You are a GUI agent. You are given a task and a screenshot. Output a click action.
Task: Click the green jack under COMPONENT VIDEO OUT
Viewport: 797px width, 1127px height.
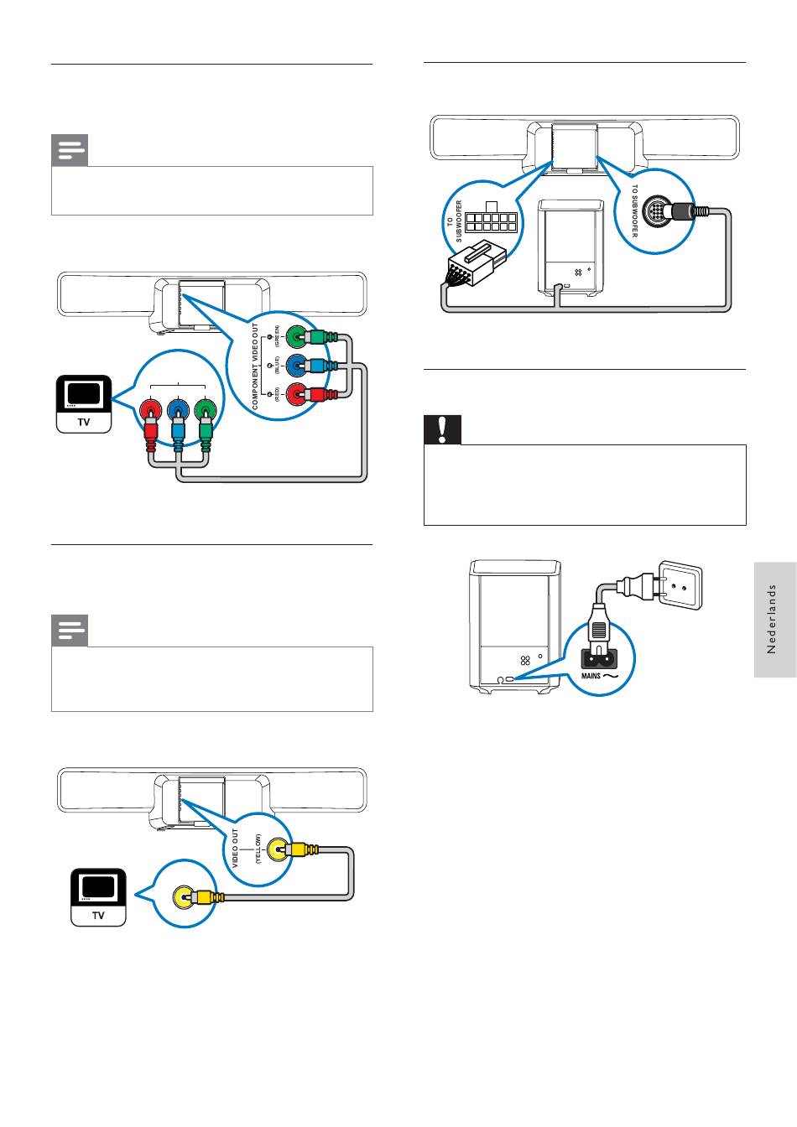(296, 337)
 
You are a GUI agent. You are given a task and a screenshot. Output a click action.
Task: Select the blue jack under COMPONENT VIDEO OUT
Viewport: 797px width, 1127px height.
(296, 366)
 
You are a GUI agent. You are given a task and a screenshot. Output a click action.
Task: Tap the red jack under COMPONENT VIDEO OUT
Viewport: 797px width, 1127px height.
(296, 393)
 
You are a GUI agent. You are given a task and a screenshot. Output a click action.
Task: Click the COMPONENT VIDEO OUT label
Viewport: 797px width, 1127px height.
(256, 366)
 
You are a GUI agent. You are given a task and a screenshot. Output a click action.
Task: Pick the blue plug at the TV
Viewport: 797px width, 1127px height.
(178, 412)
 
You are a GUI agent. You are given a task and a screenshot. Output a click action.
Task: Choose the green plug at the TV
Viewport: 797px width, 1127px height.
(205, 412)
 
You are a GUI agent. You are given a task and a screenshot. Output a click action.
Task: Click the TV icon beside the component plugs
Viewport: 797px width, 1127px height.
(84, 403)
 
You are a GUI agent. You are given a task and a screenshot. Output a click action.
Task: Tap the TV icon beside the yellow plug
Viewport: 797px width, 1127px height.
(98, 896)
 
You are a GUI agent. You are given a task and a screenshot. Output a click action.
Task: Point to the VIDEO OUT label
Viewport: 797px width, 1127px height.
(236, 848)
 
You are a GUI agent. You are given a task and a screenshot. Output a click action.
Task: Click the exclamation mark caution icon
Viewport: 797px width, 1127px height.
(443, 430)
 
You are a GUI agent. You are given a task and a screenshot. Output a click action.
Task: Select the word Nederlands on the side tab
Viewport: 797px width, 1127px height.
(774, 619)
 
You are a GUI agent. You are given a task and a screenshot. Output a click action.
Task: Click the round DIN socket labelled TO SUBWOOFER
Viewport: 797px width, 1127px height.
(662, 212)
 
